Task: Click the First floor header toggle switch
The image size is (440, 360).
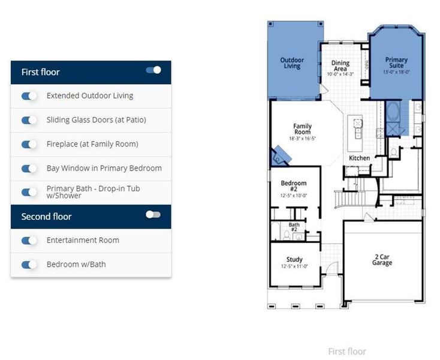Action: [153, 70]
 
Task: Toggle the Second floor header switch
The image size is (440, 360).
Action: [153, 215]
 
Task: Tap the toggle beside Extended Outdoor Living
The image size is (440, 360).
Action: [29, 96]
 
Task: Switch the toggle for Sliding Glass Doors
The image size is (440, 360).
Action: [29, 120]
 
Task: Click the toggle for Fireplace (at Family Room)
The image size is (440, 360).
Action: [29, 145]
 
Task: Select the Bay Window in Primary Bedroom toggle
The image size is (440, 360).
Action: [29, 169]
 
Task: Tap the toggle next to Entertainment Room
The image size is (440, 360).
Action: [29, 241]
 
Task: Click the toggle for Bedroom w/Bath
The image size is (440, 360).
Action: [29, 265]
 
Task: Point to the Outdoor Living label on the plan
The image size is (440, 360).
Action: [292, 63]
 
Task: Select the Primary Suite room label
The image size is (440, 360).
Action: [396, 63]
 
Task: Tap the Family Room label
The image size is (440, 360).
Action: [302, 130]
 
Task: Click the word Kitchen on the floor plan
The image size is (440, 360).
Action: [359, 158]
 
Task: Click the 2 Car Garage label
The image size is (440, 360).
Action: [382, 259]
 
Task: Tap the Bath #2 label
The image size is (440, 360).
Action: [294, 227]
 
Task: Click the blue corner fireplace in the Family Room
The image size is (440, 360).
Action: [281, 156]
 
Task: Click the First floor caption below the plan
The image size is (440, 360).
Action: [346, 352]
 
